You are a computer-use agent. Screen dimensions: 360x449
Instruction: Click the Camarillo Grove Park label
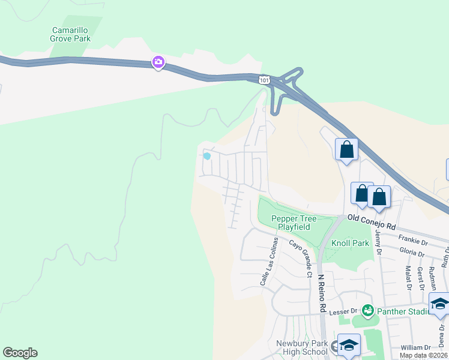click(70, 34)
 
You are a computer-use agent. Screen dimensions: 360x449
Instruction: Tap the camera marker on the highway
click(158, 62)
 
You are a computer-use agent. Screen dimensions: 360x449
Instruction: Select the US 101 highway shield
click(263, 79)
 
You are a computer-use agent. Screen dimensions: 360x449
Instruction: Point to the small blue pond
click(207, 156)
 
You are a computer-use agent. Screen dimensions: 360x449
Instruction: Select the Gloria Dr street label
click(412, 254)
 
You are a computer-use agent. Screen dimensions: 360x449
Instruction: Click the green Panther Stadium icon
click(367, 311)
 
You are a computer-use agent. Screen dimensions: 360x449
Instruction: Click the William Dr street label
click(416, 347)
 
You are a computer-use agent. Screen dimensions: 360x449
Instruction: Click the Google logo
click(20, 353)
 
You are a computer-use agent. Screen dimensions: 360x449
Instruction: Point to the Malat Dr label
click(407, 278)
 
